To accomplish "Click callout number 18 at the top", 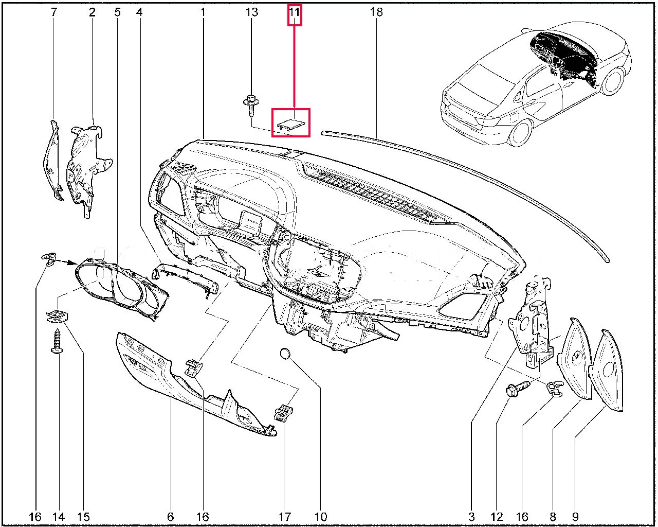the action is click(376, 12).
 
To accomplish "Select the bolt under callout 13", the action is click(251, 106).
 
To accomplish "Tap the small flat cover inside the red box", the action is click(291, 125).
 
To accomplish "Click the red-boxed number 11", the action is click(294, 12).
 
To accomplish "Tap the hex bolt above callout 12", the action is click(518, 388).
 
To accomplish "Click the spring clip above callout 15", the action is click(57, 316).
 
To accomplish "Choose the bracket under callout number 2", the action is click(88, 168).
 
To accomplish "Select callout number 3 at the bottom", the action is click(471, 517).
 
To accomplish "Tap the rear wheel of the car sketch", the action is click(520, 132).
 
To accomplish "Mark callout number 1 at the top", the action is click(203, 12).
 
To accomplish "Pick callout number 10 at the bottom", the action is click(320, 517).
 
